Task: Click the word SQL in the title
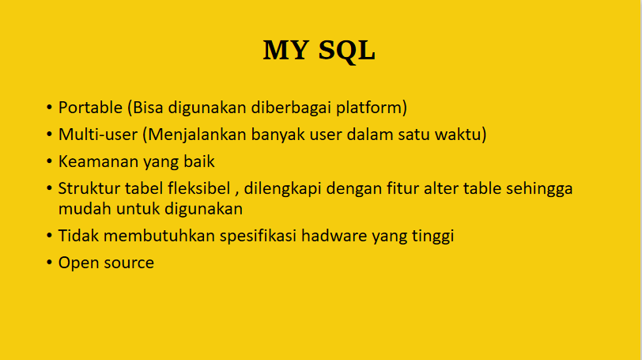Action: (347, 51)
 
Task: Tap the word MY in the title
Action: (285, 51)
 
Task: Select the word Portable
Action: (90, 108)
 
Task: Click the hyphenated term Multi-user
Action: (98, 135)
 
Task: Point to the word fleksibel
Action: (199, 188)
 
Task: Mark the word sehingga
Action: (539, 189)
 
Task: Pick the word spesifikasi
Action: (258, 237)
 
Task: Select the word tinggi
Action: (432, 237)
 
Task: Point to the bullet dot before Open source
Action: (50, 263)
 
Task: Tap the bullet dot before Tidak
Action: (50, 236)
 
